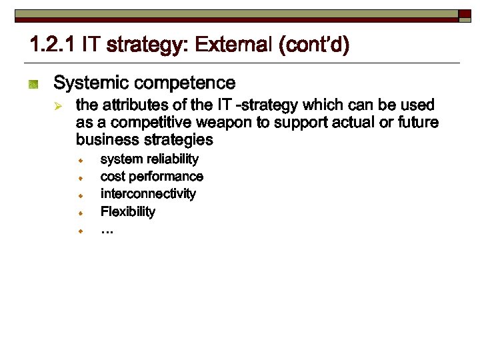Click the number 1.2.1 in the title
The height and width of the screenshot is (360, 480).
pyautogui.click(x=53, y=45)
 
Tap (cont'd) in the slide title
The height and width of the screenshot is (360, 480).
pyautogui.click(x=314, y=45)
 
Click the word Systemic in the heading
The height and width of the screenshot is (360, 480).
pyautogui.click(x=91, y=83)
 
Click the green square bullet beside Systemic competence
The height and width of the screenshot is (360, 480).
pyautogui.click(x=34, y=84)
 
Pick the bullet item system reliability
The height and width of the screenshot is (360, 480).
pyautogui.click(x=149, y=159)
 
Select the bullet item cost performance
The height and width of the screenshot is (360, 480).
pyautogui.click(x=151, y=177)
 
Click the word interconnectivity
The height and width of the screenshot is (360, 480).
pyautogui.click(x=148, y=194)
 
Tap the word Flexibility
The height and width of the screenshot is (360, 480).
pyautogui.click(x=128, y=212)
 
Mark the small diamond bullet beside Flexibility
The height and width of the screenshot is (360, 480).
pyautogui.click(x=79, y=213)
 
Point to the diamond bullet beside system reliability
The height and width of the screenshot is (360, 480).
pyautogui.click(x=79, y=161)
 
